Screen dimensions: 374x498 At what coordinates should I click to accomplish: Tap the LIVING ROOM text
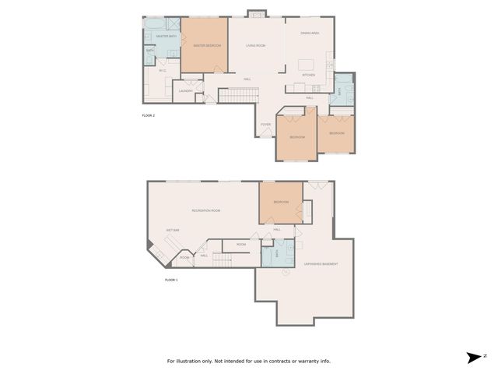coord(257,46)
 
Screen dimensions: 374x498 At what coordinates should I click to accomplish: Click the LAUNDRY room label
coord(185,91)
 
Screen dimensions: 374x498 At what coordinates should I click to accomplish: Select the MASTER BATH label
coord(164,37)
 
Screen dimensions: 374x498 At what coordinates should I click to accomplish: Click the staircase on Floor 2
coord(238,95)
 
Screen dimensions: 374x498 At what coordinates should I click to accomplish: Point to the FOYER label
coord(265,124)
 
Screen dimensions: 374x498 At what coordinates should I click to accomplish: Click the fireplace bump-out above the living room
coord(257,13)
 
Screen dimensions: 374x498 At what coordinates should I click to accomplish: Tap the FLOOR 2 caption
coord(149,115)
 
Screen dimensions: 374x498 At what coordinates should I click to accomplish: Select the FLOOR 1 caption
coord(171,279)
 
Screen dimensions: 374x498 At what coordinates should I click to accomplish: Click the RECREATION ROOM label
coord(206,210)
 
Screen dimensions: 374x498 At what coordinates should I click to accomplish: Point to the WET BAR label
coord(173,231)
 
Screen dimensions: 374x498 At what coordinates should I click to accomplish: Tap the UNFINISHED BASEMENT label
coord(321,264)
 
